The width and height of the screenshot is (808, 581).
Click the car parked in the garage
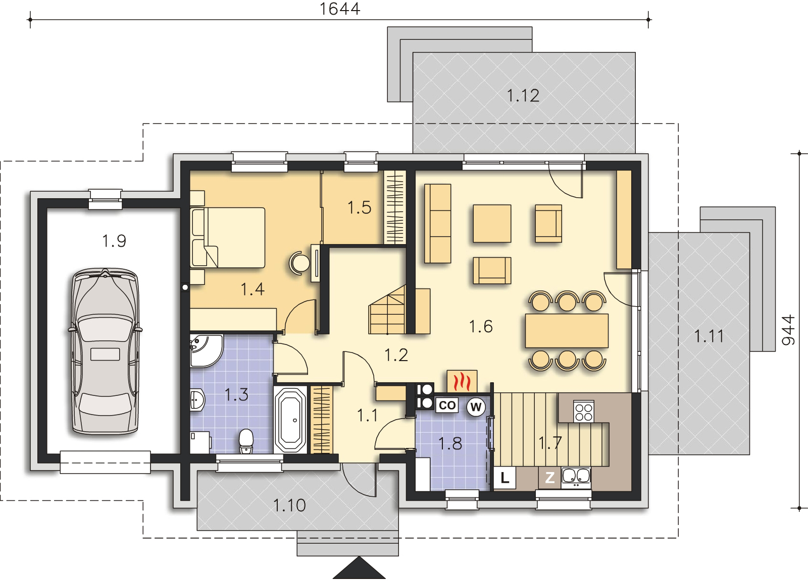pos(105,351)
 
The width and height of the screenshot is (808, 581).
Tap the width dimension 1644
pos(340,9)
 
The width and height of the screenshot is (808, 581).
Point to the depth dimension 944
pos(788,330)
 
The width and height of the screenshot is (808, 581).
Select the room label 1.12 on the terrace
pos(523,96)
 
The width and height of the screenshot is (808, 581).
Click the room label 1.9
pos(114,241)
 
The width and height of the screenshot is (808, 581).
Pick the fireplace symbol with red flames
pos(462,381)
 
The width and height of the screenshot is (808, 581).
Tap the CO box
pos(447,405)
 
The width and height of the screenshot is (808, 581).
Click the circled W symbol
pos(476,407)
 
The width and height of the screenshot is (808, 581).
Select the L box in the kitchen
pos(504,478)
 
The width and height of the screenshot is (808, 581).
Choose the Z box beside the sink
pos(550,478)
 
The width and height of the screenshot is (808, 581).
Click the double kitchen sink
pos(576,478)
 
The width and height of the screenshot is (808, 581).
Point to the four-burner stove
pos(584,412)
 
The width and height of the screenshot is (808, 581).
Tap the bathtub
pos(290,420)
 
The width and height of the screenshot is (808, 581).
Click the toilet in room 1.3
pos(246,441)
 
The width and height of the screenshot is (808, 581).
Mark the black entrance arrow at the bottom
pos(359,568)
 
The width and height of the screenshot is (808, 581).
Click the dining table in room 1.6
pos(567,331)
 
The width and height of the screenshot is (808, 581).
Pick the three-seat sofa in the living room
pos(437,223)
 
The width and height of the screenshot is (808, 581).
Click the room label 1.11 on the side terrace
pos(709,336)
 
